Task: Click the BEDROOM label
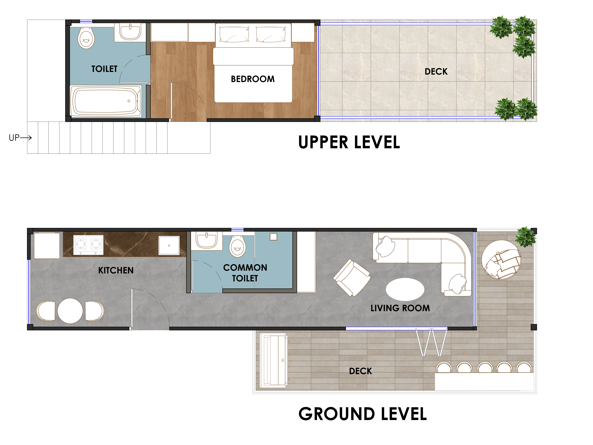(253, 79)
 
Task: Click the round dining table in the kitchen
(70, 311)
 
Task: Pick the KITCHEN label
(116, 270)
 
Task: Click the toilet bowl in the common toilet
(238, 246)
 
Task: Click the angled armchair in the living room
(352, 278)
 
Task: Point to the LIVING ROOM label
(400, 308)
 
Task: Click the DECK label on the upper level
(436, 72)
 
